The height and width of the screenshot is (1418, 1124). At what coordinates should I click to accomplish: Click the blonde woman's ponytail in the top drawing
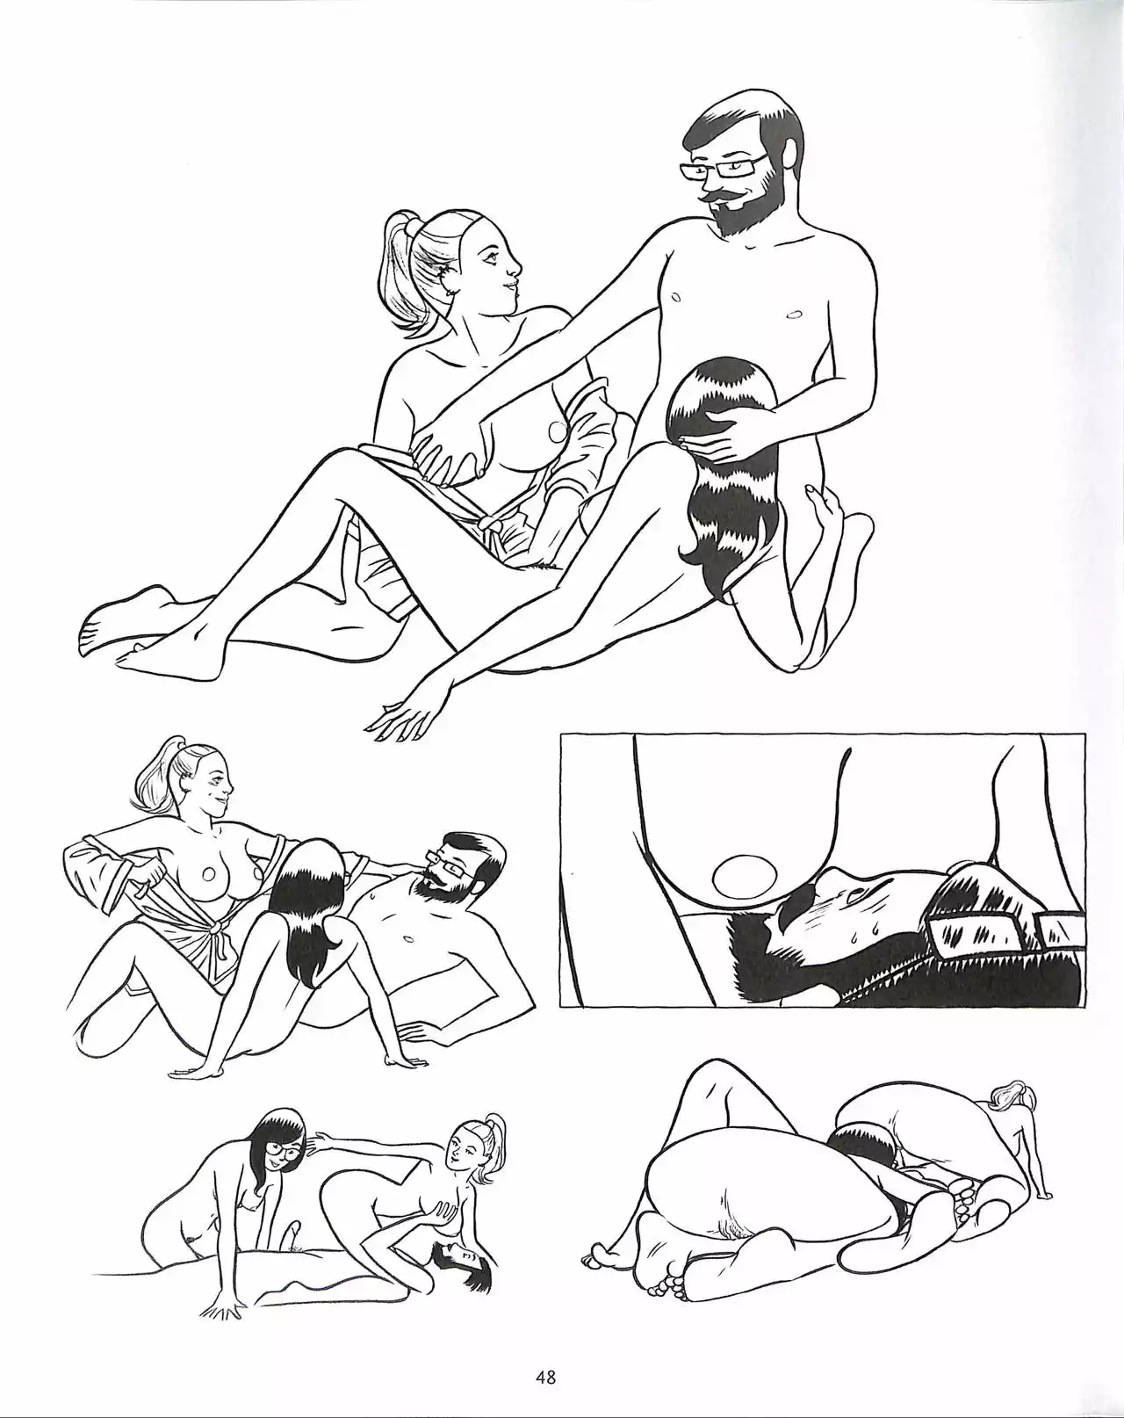point(400,275)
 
